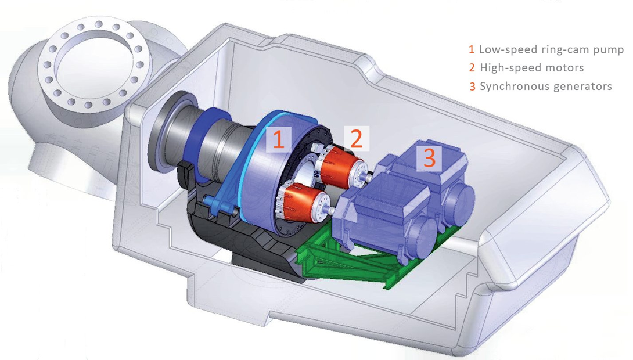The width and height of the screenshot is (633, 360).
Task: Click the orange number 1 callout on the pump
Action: [x=279, y=139]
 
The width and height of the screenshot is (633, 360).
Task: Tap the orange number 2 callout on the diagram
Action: [x=356, y=138]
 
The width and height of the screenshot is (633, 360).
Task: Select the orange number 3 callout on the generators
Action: [x=429, y=157]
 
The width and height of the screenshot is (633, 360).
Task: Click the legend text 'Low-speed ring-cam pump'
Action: [x=551, y=49]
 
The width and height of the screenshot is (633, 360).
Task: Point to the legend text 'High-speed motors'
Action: [x=532, y=68]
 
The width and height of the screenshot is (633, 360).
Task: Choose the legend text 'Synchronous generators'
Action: [x=546, y=87]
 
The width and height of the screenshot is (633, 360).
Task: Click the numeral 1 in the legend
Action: [x=471, y=49]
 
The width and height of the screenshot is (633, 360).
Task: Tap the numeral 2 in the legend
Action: [x=472, y=68]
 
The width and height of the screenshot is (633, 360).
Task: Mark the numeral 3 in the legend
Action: [x=472, y=87]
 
